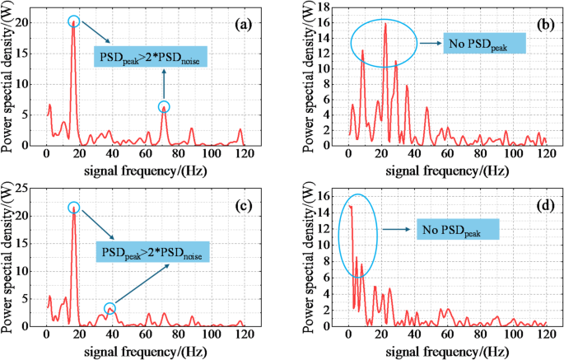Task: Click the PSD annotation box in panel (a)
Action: [x=151, y=57]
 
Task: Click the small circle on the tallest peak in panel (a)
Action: [x=73, y=21]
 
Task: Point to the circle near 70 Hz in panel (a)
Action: [x=164, y=106]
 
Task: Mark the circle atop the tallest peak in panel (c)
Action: [x=74, y=208]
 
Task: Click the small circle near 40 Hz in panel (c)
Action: [x=110, y=308]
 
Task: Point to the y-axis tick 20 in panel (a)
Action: [x=33, y=23]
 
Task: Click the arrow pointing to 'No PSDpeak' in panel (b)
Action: [x=431, y=44]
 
